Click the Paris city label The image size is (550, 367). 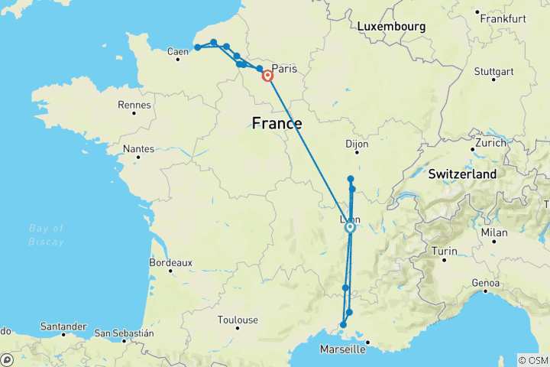pos(283,67)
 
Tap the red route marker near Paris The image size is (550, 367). pos(268,76)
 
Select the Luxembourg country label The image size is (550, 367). pos(390,27)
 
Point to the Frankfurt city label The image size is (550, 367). pos(502,18)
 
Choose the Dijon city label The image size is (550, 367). pos(356,143)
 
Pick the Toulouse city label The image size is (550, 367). pos(238,320)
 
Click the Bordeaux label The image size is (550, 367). pos(170,262)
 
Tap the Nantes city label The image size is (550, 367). pos(139,149)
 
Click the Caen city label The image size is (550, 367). pos(177,52)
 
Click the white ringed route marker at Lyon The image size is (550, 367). pos(350,227)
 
